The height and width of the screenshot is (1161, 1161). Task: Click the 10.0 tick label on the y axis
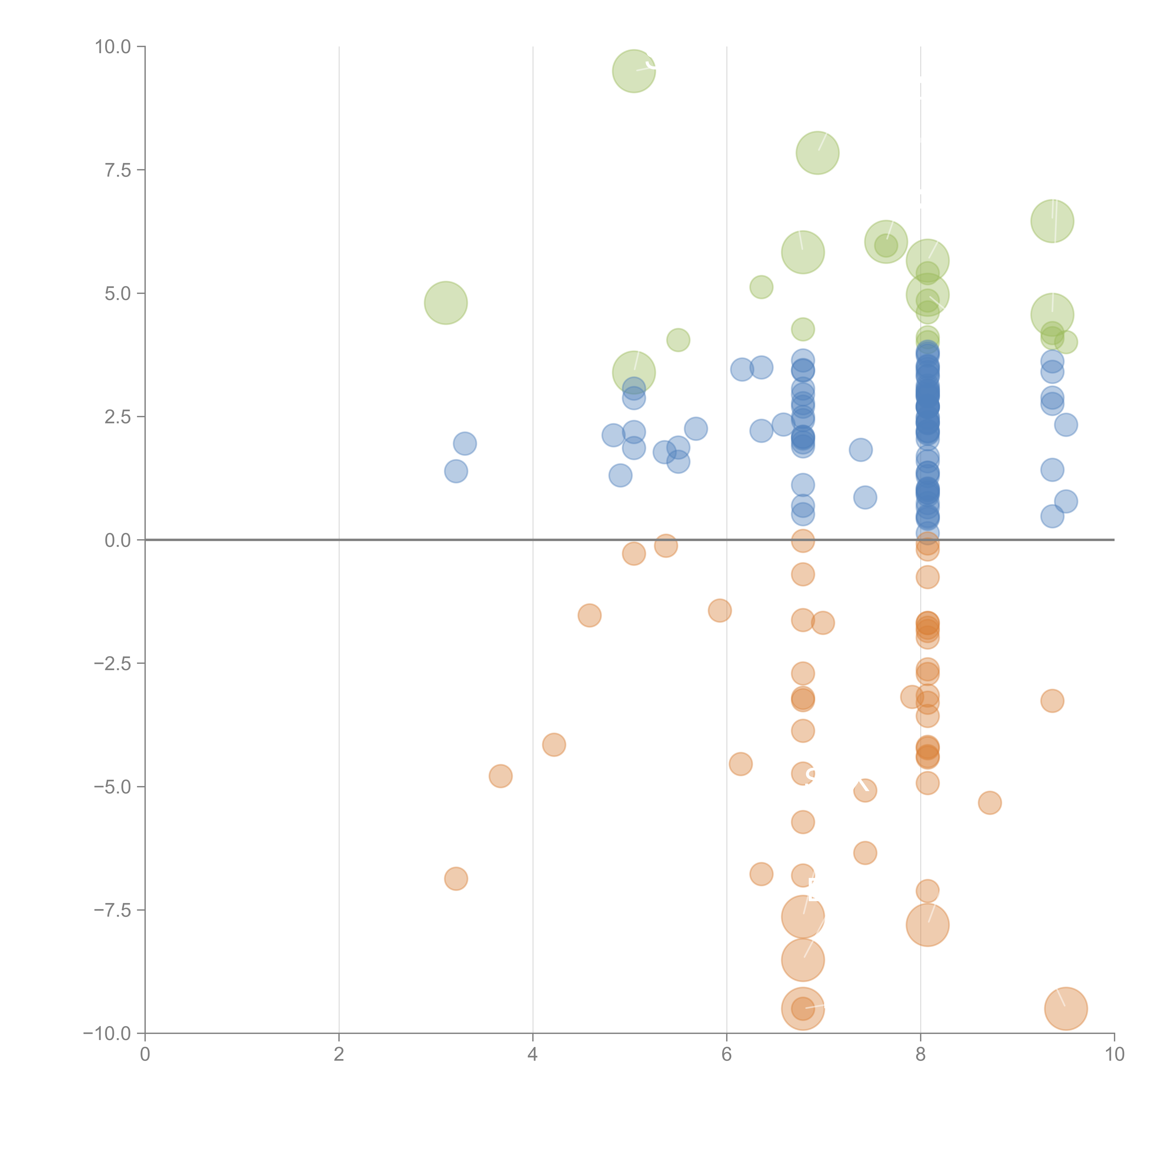click(113, 47)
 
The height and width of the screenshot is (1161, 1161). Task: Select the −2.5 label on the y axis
click(112, 663)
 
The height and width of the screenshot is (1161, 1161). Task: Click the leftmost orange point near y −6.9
click(456, 879)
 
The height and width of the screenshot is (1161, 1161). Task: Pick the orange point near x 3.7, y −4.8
click(501, 776)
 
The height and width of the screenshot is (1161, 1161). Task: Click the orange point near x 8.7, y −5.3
click(990, 802)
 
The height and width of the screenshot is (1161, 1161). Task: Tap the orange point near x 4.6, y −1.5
click(590, 615)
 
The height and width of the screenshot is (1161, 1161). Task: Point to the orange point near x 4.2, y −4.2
click(554, 745)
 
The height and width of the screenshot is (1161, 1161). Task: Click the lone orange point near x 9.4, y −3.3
click(1052, 701)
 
